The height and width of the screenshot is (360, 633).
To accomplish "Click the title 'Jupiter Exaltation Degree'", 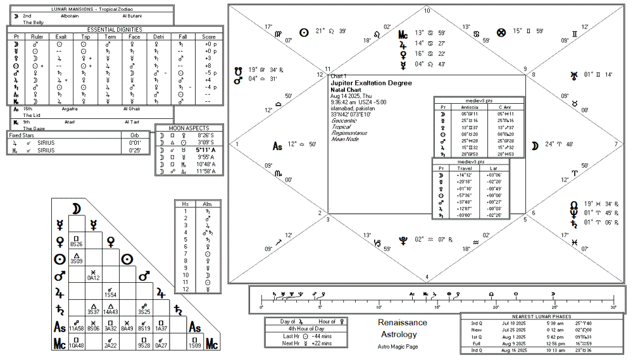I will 371,83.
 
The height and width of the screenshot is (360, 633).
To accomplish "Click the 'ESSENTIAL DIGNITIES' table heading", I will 115,29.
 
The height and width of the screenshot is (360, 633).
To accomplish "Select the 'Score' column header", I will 210,37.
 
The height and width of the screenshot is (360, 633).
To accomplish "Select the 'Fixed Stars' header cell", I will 26,135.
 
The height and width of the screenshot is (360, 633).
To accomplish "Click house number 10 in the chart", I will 427,11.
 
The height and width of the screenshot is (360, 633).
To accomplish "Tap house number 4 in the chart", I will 427,276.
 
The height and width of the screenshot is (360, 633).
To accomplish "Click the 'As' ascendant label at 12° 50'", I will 277,146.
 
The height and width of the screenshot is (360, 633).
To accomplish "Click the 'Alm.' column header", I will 207,204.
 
